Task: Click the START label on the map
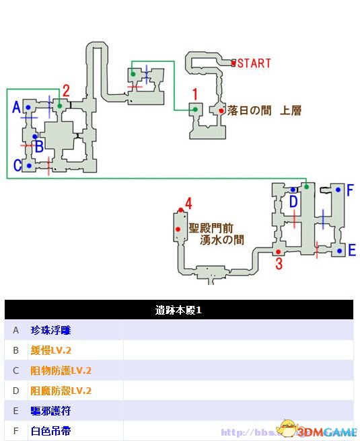tap(254, 64)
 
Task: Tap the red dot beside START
tap(234, 64)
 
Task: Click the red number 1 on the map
tap(195, 94)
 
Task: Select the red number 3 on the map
tap(279, 264)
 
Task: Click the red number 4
tap(188, 203)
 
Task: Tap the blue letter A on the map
tap(17, 107)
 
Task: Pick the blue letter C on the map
tap(17, 165)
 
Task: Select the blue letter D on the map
tap(293, 202)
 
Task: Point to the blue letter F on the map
tap(349, 190)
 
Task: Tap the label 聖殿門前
tap(211, 227)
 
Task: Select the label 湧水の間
tap(221, 239)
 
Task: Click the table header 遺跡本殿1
tap(178, 310)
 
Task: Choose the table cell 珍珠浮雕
tap(50, 330)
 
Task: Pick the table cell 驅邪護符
tap(50, 411)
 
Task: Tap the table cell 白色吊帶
tap(50, 431)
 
